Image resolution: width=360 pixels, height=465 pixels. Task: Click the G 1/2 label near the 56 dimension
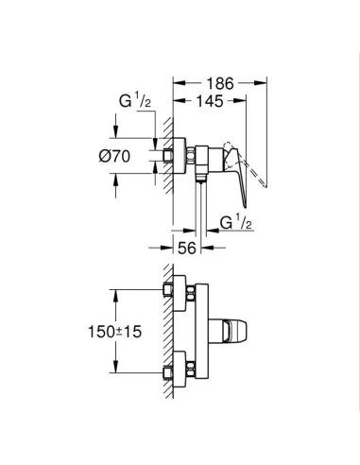point(238,223)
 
